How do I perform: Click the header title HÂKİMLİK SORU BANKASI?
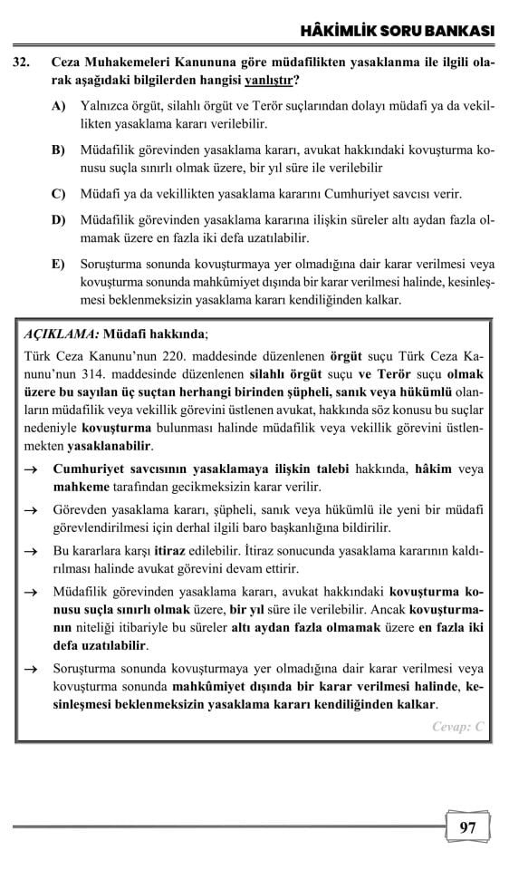[x=397, y=32]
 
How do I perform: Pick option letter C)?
[x=59, y=194]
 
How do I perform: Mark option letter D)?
[x=59, y=219]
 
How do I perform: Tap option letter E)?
[x=59, y=264]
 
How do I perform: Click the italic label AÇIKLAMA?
[x=58, y=333]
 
